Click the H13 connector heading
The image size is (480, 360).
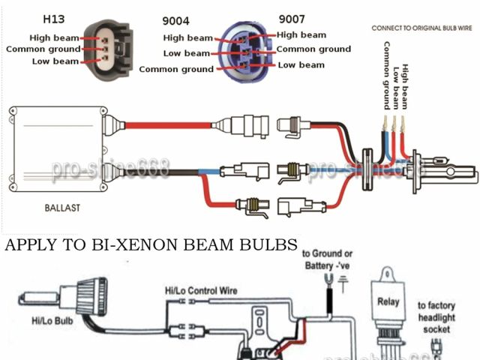pos(53,17)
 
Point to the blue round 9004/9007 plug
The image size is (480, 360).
pos(245,50)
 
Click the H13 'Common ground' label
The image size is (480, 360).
pos(42,49)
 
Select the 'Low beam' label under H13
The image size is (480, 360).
pos(54,61)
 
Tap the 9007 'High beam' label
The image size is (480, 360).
pos(301,34)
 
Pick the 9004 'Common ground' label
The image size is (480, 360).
pos(176,69)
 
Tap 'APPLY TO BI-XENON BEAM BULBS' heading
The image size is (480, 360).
pos(151,245)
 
